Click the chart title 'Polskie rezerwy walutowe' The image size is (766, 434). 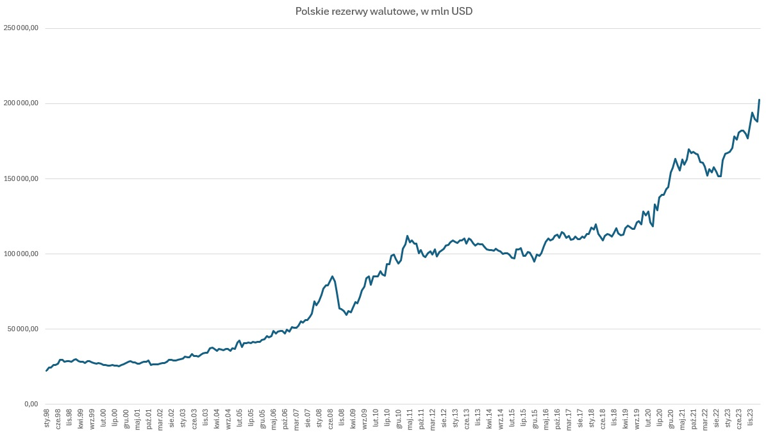pyautogui.click(x=383, y=12)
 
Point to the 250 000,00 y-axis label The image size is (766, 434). pyautogui.click(x=21, y=28)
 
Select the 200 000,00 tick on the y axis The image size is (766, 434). pyautogui.click(x=21, y=103)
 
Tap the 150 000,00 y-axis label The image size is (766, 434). pyautogui.click(x=21, y=178)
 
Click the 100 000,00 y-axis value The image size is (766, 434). pyautogui.click(x=21, y=254)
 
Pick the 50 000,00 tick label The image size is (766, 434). pyautogui.click(x=23, y=329)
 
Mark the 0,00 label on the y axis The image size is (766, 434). pyautogui.click(x=31, y=404)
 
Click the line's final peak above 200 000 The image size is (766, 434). pyautogui.click(x=760, y=100)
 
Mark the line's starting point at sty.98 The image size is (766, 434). pyautogui.click(x=46, y=370)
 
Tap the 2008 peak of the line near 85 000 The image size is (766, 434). pyautogui.click(x=332, y=276)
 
